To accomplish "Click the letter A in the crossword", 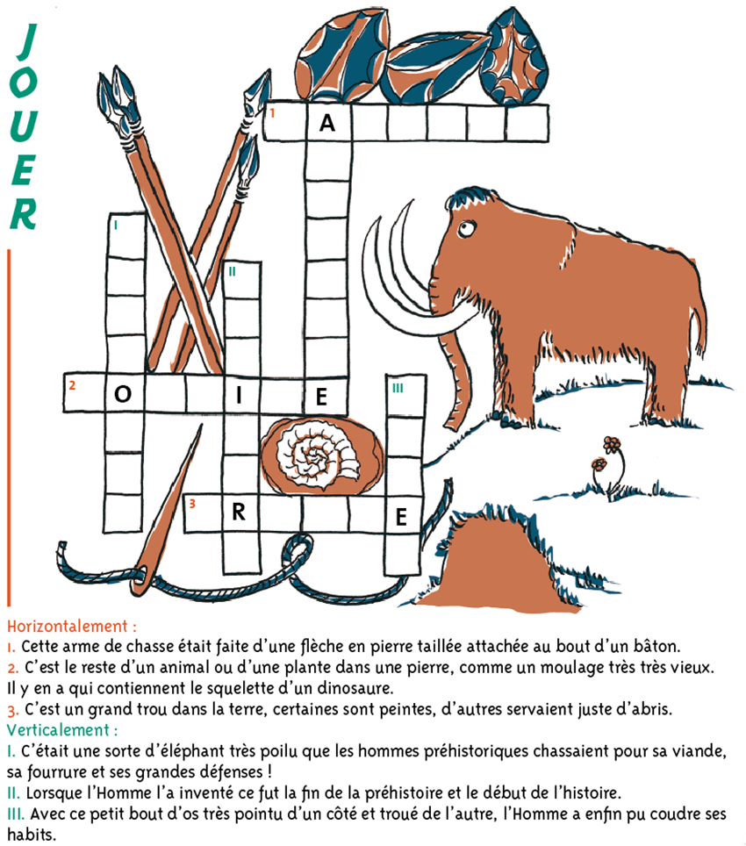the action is point(327,124).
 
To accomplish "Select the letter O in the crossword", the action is point(123,394).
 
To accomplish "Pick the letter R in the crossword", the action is point(239,512).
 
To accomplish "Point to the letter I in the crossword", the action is point(239,396).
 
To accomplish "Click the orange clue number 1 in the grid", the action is point(273,112).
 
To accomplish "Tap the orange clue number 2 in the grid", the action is point(72,385).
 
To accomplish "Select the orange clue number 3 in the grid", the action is point(192,504).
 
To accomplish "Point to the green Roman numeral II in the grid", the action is point(232,271).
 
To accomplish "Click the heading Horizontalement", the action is point(71,627).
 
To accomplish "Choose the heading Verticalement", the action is point(62,730).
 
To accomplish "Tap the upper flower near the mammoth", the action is point(612,445).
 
